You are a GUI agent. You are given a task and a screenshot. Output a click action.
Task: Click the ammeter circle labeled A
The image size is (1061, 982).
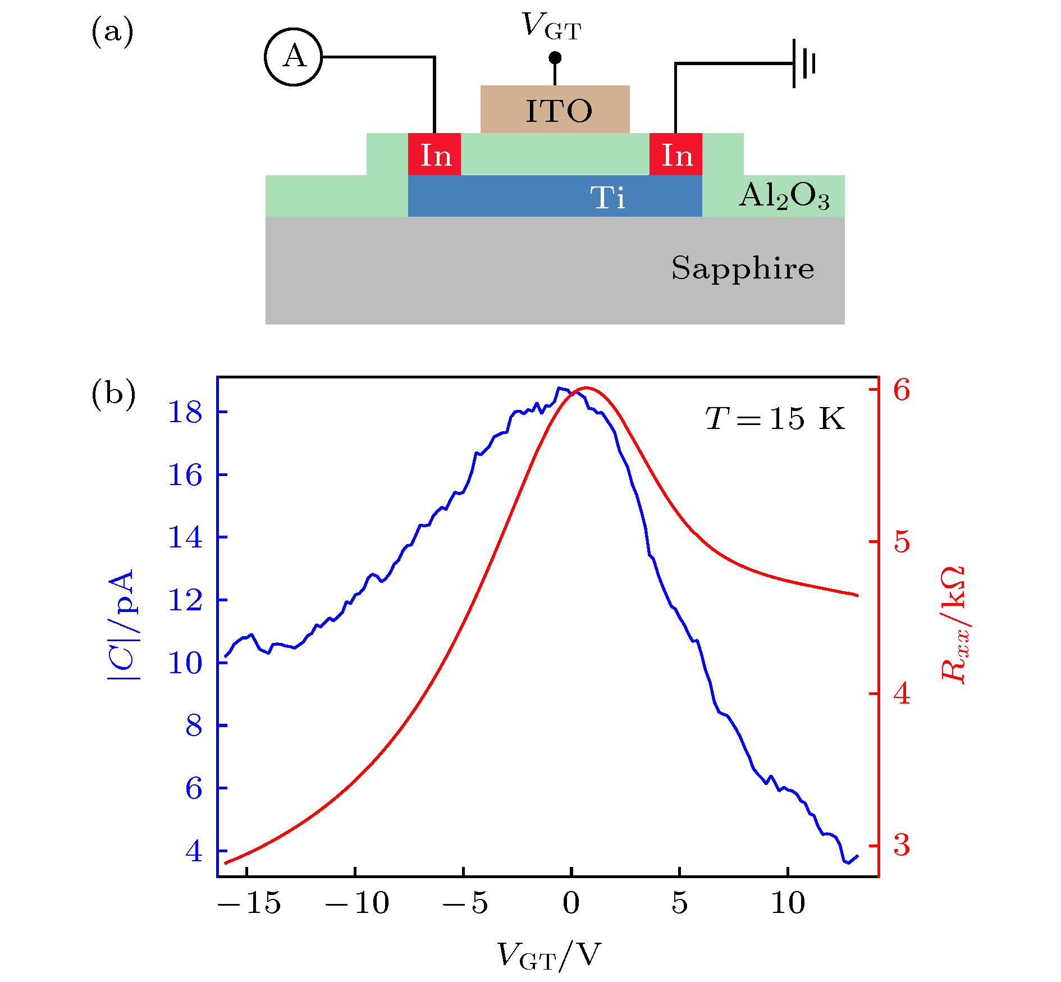pos(293,57)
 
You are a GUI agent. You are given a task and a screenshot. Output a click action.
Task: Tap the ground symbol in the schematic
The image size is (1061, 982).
pos(803,63)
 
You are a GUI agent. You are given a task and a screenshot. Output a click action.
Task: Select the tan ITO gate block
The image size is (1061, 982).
pos(555,109)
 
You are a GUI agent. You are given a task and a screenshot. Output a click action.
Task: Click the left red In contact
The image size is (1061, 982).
pos(435,154)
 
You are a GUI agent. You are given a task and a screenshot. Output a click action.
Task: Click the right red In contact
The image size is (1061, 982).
pos(675,154)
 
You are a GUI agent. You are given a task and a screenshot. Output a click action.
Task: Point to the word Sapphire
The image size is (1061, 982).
pos(742,268)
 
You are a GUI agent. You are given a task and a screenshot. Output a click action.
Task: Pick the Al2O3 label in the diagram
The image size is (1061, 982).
pos(784,197)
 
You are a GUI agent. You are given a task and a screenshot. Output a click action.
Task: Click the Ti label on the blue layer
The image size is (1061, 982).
pos(607,198)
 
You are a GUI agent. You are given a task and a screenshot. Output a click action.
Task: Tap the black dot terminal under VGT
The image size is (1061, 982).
pos(555,58)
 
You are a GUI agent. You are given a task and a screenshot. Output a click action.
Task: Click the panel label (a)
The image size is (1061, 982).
pos(112,31)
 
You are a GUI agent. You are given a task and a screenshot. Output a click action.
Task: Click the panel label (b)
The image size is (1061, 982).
pos(113,394)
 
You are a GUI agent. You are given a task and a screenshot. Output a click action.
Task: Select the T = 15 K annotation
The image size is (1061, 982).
pos(775,419)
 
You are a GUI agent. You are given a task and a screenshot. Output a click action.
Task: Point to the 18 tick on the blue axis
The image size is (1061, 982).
pos(185,413)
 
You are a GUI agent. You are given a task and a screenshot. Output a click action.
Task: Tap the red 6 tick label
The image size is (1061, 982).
pos(902,390)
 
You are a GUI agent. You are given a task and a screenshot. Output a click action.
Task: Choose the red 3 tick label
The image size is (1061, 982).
pos(902,844)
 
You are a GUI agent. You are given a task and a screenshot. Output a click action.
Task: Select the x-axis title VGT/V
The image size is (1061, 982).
pos(548,954)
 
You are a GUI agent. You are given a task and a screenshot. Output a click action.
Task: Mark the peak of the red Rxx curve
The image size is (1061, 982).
pos(586,387)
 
